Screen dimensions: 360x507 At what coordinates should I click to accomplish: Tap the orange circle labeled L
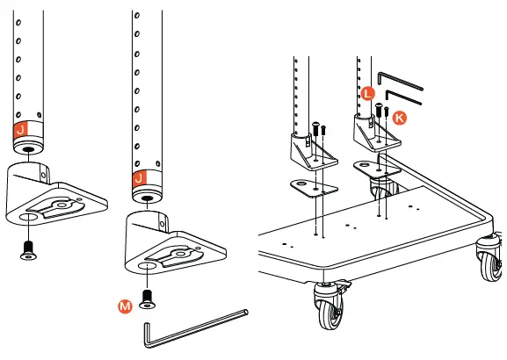pos(367,92)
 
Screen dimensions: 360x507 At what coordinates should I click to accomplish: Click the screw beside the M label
pos(146,299)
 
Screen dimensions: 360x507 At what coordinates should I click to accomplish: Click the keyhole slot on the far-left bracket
pos(55,207)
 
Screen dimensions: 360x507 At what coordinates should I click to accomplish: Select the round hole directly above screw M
pos(146,264)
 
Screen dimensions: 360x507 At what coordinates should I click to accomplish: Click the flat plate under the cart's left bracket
pos(314,187)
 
